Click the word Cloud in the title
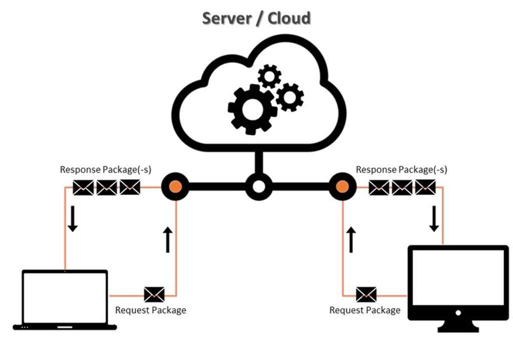[289, 19]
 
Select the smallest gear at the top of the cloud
[270, 76]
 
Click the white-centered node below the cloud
[259, 187]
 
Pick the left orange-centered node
[175, 187]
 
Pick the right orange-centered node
[342, 187]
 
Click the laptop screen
[65, 297]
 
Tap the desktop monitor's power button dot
[458, 312]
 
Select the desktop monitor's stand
[458, 326]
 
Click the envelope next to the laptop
[154, 294]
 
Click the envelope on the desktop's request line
[366, 294]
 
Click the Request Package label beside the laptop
[150, 310]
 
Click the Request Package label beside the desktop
[365, 310]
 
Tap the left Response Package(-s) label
[106, 169]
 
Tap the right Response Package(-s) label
[401, 169]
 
